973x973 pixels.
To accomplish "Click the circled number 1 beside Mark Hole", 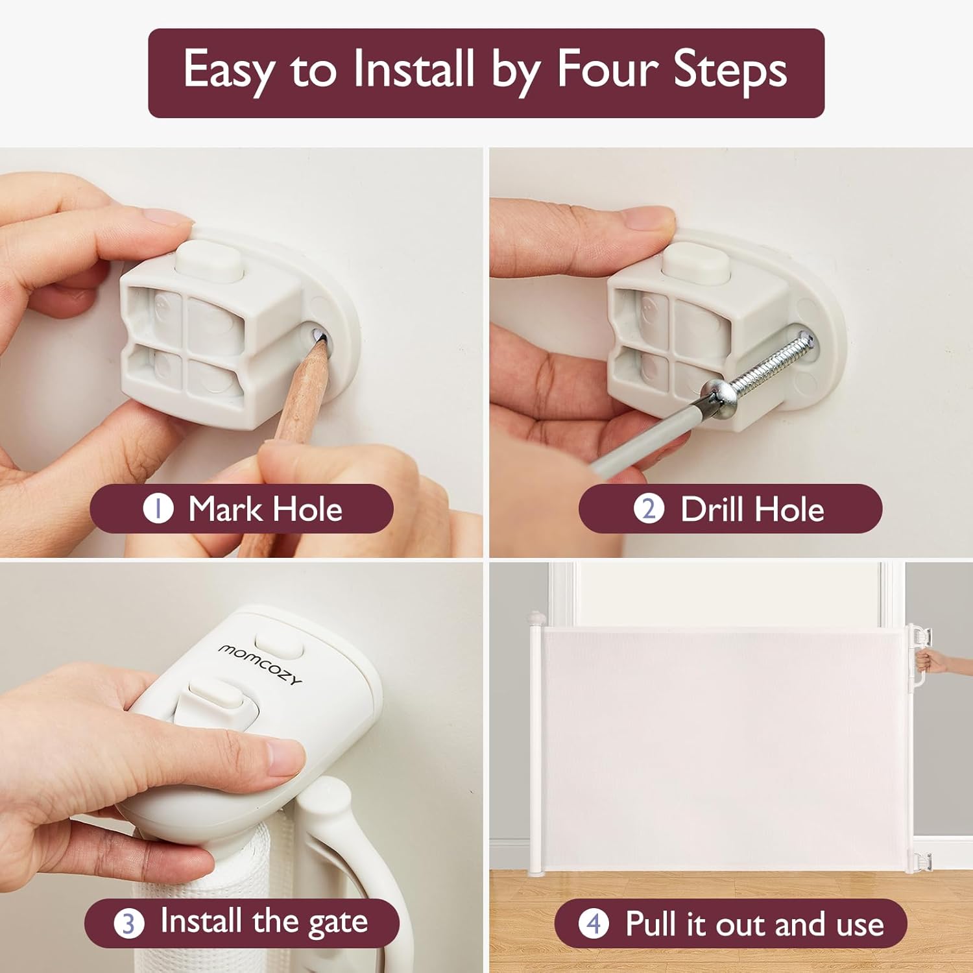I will [158, 509].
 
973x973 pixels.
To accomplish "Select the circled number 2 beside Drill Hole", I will [649, 509].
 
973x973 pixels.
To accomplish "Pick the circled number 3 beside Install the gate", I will [129, 923].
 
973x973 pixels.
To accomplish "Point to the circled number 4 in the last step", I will [594, 924].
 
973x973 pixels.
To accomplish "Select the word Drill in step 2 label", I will [712, 509].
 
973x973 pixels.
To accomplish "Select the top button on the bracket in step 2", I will [695, 261].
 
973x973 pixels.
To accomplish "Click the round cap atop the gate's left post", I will [536, 616].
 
